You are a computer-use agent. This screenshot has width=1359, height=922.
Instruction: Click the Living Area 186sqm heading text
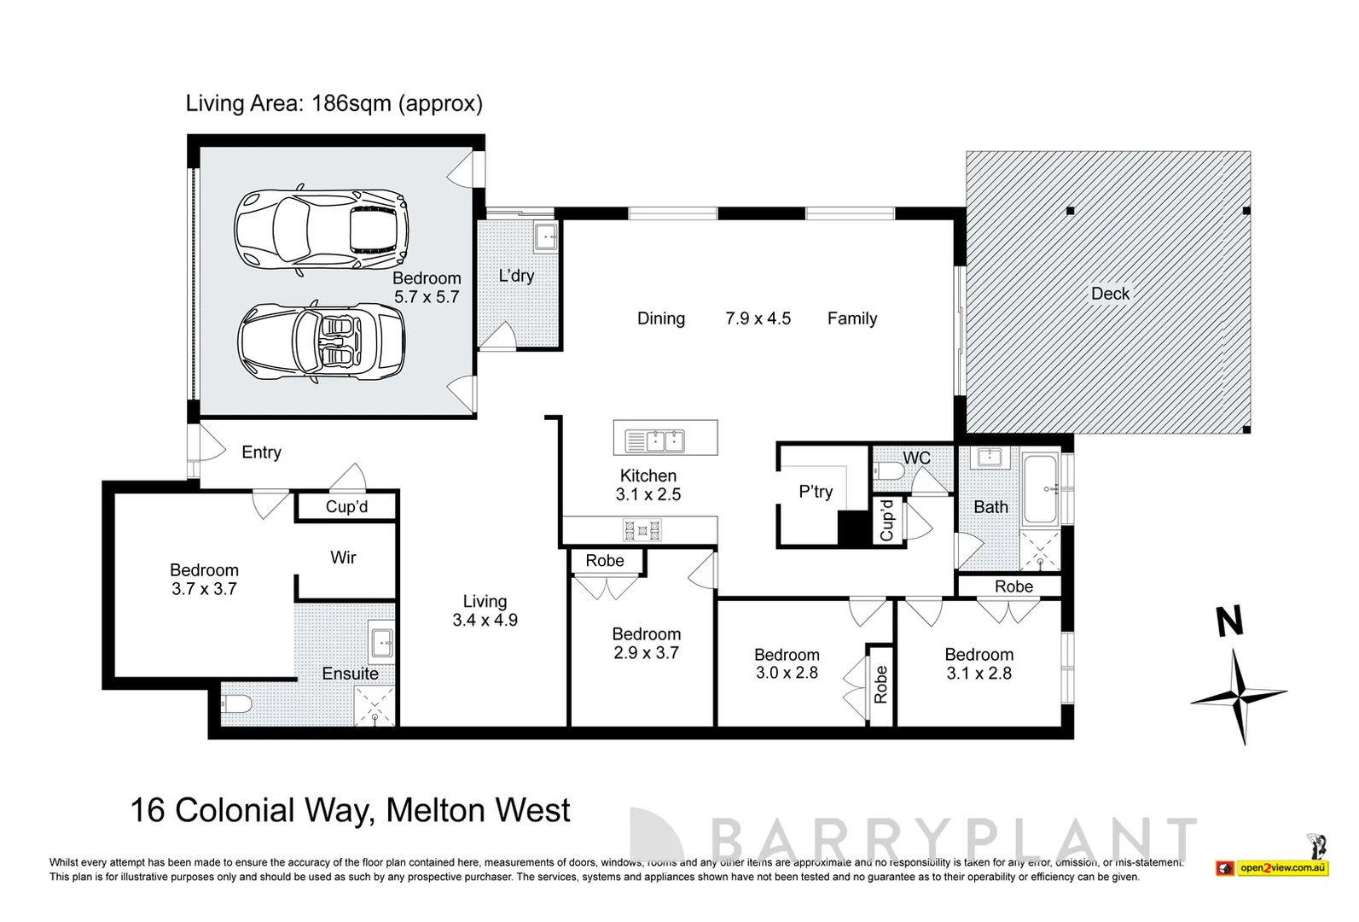(x=334, y=103)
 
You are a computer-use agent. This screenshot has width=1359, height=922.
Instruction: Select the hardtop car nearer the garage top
(x=321, y=228)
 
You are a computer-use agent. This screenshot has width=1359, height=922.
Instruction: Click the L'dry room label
(x=516, y=276)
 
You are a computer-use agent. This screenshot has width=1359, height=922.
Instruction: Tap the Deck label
(x=1110, y=294)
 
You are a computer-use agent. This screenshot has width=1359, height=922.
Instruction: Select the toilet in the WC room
(x=890, y=471)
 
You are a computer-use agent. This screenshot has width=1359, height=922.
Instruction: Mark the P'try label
(x=816, y=492)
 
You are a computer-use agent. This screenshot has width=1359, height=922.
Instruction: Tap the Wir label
(x=343, y=557)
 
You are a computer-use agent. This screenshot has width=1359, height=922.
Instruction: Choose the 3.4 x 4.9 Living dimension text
(x=485, y=621)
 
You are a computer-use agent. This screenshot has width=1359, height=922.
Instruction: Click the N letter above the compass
(x=1228, y=622)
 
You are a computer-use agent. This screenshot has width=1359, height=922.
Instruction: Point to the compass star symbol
(x=1239, y=697)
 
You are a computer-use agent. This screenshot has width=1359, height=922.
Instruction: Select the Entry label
(x=261, y=452)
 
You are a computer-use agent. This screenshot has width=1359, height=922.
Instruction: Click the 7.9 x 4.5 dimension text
(x=758, y=318)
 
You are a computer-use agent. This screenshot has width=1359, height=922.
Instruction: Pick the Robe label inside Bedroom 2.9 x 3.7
(x=605, y=561)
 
